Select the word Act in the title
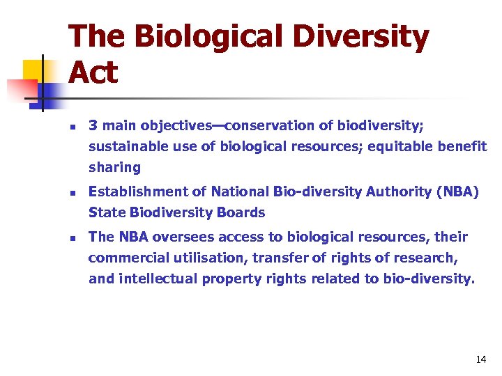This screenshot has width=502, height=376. point(93,72)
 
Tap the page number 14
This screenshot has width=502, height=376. point(480,359)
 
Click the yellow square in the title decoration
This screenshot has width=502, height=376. point(33,70)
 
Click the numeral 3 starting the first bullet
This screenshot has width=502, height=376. point(92,126)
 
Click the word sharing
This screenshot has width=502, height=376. point(114,167)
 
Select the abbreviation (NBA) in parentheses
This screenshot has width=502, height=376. point(457,191)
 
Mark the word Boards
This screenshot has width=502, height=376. point(242,212)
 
